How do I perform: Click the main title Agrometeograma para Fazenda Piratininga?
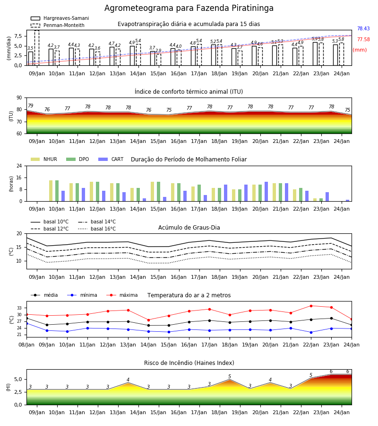[189, 8]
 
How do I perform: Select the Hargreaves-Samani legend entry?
[60, 18]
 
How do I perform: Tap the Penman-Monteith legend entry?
[58, 25]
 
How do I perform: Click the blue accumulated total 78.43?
[363, 28]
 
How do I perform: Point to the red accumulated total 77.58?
[363, 39]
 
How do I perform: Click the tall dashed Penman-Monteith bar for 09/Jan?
[36, 48]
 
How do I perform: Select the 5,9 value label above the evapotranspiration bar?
[315, 39]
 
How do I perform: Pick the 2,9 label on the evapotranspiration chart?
[158, 51]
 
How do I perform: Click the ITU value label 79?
[30, 106]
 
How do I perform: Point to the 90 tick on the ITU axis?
[19, 98]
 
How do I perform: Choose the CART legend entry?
[111, 159]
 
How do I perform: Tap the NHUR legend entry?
[44, 159]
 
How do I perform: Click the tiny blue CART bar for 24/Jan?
[348, 201]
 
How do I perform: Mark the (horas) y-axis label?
[11, 184]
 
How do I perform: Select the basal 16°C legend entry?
[97, 229]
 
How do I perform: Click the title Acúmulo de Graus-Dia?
[189, 228]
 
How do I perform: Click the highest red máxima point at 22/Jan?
[311, 306]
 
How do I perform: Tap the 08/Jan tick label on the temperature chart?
[26, 345]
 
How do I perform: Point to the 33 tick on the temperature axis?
[19, 308]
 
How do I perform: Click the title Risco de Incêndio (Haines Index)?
[189, 363]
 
